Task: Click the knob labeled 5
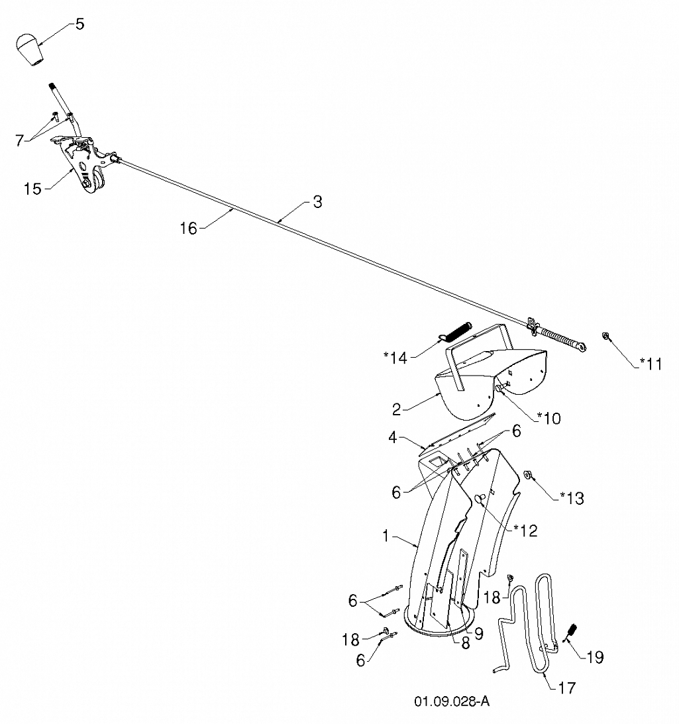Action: pyautogui.click(x=30, y=50)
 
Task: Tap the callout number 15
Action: pyautogui.click(x=33, y=188)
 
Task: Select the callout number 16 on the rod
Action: pyautogui.click(x=188, y=228)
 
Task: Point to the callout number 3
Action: pyautogui.click(x=317, y=202)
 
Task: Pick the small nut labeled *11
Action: pyautogui.click(x=605, y=336)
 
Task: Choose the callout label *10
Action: pyautogui.click(x=548, y=418)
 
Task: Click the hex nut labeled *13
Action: pyautogui.click(x=527, y=474)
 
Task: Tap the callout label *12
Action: pyautogui.click(x=526, y=531)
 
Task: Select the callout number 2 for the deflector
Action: pyautogui.click(x=397, y=409)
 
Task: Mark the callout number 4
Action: pyautogui.click(x=393, y=437)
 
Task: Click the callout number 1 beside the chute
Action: pyautogui.click(x=386, y=536)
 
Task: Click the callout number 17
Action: pyautogui.click(x=567, y=688)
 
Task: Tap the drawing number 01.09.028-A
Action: pyautogui.click(x=452, y=701)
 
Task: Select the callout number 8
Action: pyautogui.click(x=465, y=643)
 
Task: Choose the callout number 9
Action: pyautogui.click(x=479, y=633)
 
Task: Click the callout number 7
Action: pyautogui.click(x=19, y=140)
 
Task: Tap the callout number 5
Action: pyautogui.click(x=80, y=24)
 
